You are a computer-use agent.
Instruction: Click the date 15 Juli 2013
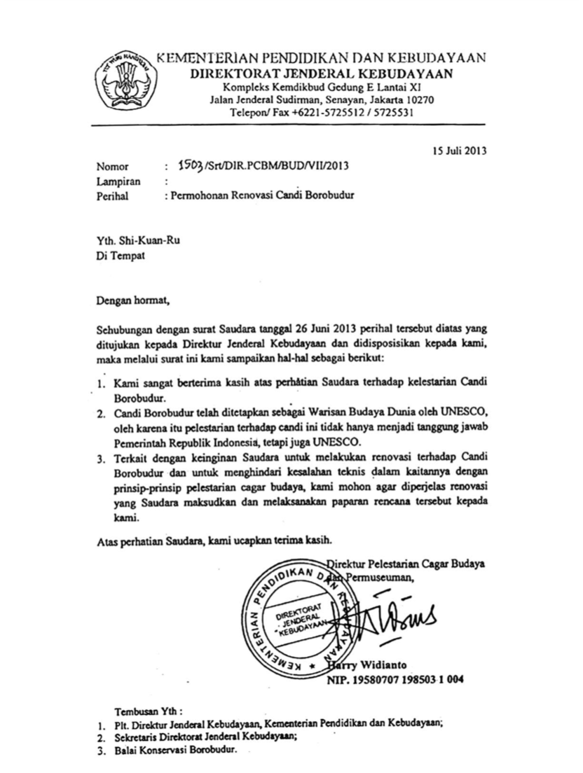tap(459, 150)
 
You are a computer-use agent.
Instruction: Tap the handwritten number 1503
tap(191, 166)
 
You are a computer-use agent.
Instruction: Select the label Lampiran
tap(118, 181)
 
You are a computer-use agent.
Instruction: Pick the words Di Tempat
tap(121, 256)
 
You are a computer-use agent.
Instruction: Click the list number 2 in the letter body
tap(101, 412)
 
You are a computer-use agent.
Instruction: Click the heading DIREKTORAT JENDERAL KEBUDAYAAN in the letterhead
tap(322, 74)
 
